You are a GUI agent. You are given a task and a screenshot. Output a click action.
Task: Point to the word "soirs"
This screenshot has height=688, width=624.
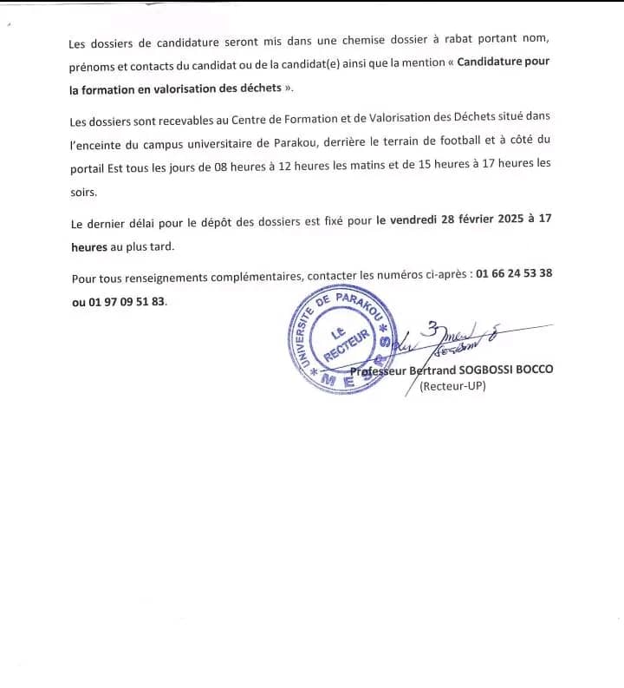pyautogui.click(x=84, y=193)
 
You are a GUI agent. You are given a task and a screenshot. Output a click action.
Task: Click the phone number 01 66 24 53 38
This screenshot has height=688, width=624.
pyautogui.click(x=515, y=274)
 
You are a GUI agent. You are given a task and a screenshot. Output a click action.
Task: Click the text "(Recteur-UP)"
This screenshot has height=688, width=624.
pyautogui.click(x=452, y=386)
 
